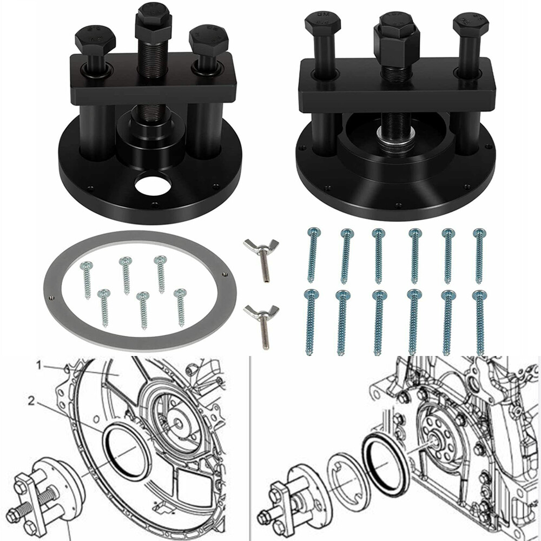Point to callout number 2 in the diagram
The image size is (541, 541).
[33, 400]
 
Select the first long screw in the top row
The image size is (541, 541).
[312, 254]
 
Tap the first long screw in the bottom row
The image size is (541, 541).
[309, 322]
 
